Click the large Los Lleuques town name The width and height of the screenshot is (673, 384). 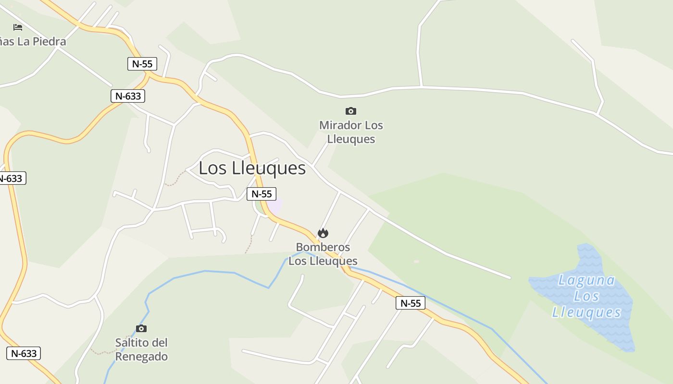coord(252,168)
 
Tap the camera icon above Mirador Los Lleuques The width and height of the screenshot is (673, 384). coord(351,111)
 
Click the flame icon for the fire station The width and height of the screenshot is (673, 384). coord(323,233)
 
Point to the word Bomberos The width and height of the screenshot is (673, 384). coord(323,247)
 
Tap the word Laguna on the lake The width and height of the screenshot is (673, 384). coord(586,280)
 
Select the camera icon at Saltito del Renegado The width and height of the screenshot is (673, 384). coord(141,329)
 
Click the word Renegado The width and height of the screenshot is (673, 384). coord(141,357)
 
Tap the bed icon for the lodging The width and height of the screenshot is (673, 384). coord(18,27)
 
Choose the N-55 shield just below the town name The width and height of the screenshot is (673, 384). coord(262,194)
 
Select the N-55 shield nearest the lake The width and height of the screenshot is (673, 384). coord(411,303)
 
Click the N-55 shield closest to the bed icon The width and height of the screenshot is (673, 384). coord(142,64)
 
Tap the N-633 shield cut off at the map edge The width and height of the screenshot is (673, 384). coord(11,179)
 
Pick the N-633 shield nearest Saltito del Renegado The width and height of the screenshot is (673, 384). coord(24,354)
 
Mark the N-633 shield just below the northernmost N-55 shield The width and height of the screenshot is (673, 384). coord(128,96)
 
